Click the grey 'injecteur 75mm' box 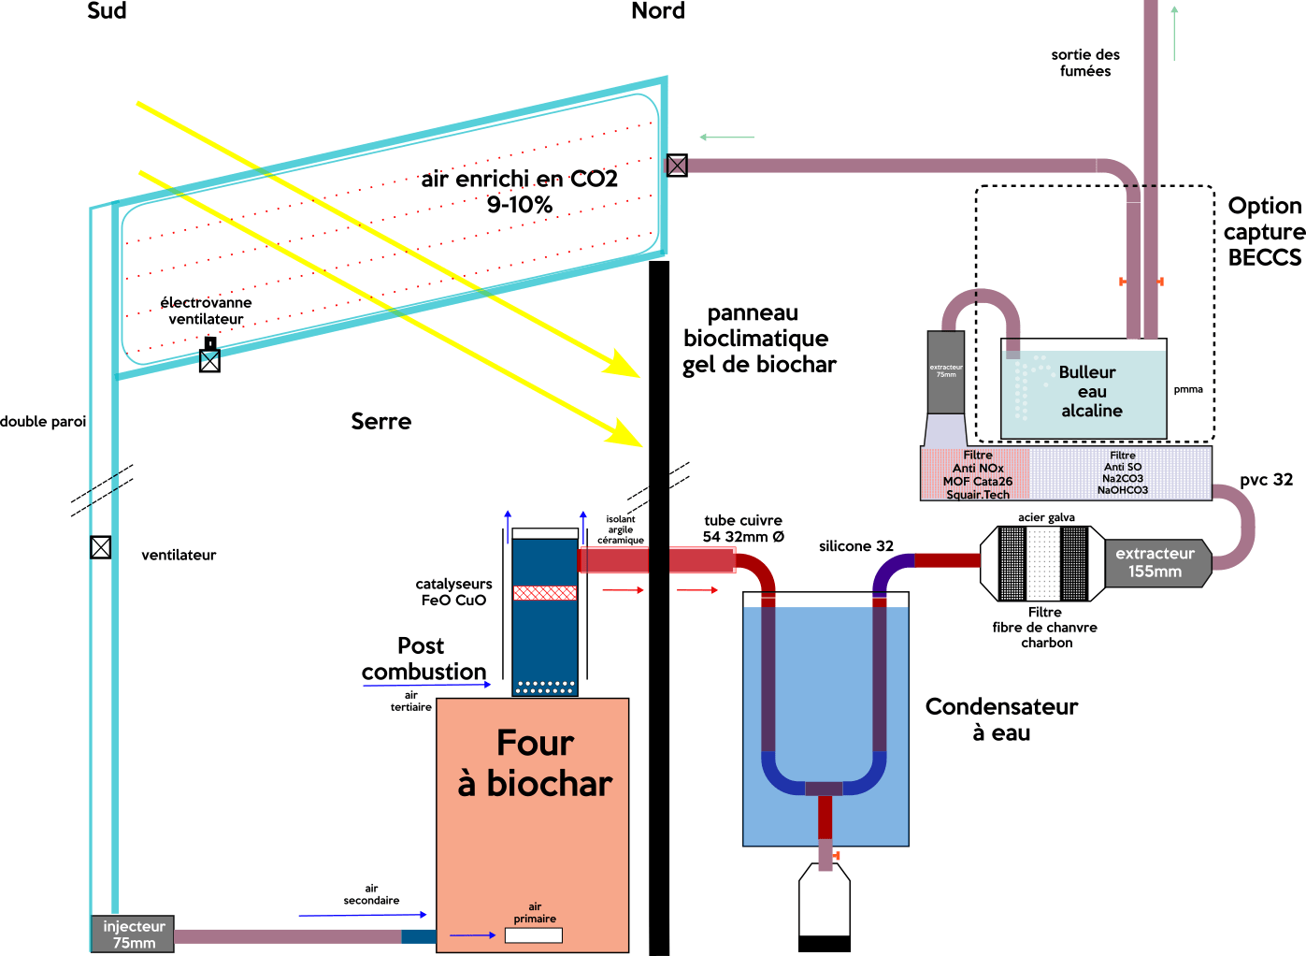(x=133, y=934)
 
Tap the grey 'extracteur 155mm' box (x=1155, y=562)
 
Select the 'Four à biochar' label (x=535, y=763)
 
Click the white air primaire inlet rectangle (x=534, y=934)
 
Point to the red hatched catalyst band (x=545, y=592)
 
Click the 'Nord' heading (x=658, y=11)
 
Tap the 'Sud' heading (x=107, y=11)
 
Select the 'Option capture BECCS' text (x=1264, y=231)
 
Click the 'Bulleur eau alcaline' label (x=1090, y=391)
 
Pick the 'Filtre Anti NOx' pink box (x=976, y=474)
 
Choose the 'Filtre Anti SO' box (x=1122, y=472)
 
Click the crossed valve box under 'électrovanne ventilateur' (x=210, y=360)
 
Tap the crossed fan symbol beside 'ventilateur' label (x=101, y=547)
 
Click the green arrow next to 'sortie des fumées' (x=1174, y=33)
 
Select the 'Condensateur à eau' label (x=1001, y=718)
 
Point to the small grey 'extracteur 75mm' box (x=946, y=372)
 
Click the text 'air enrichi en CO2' (x=519, y=179)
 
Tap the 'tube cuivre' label (x=743, y=520)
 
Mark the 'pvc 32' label (x=1266, y=480)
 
